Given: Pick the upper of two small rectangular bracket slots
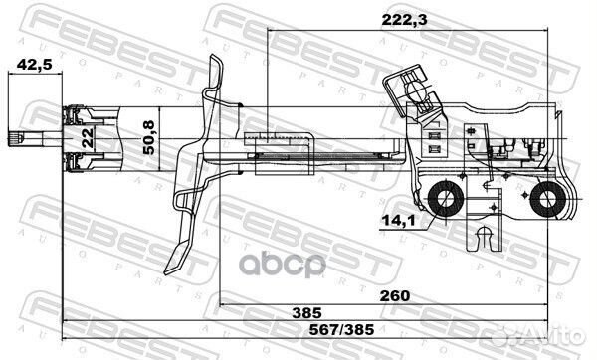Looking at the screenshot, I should click(434, 130).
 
